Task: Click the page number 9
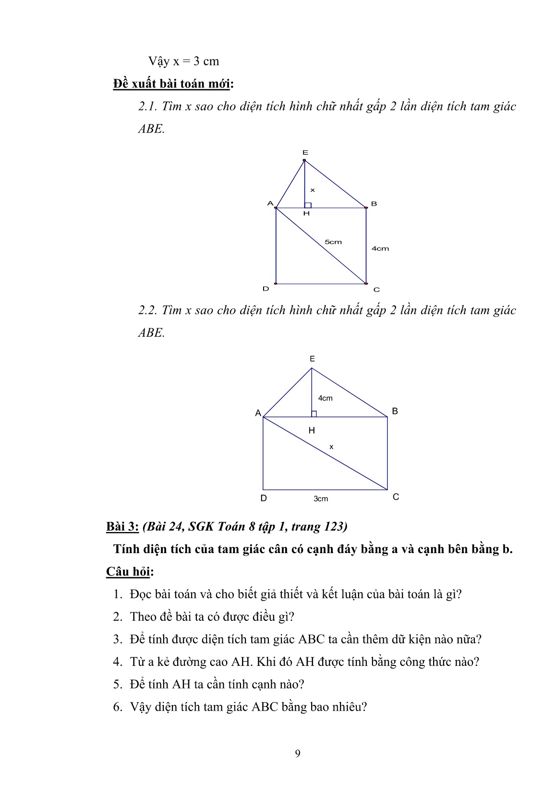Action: pos(298,753)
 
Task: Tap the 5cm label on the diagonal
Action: pos(333,242)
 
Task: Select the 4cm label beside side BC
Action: pos(380,249)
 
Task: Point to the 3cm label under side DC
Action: pos(321,499)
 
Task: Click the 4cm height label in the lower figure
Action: pos(325,398)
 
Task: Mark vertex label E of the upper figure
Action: pos(305,153)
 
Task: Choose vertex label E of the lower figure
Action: pos(312,359)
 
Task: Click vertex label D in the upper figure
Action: pos(266,289)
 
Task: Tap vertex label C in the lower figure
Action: pos(396,497)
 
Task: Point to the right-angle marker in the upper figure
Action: pos(308,205)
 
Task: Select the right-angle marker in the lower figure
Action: pos(314,414)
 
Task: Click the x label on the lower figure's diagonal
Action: pos(331,447)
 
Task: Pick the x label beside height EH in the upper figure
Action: pos(313,190)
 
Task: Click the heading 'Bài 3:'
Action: pos(122,527)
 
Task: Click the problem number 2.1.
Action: pos(148,106)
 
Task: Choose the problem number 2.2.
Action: pos(148,310)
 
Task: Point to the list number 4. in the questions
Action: pos(118,662)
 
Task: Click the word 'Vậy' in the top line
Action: pos(158,61)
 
